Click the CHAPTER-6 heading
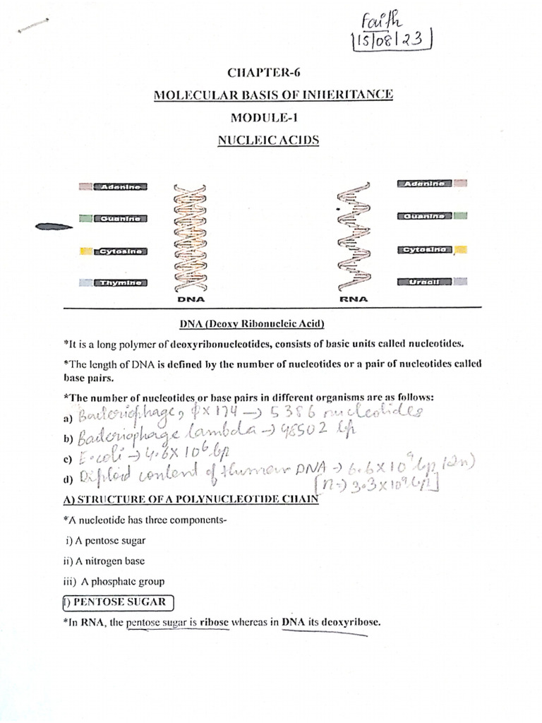267,73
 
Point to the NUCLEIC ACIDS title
268,140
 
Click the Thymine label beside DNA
121,283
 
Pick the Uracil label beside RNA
423,282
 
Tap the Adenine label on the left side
121,187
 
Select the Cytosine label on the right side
424,250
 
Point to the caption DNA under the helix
191,299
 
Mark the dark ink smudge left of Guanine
54,227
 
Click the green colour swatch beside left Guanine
85,219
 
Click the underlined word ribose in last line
215,623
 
